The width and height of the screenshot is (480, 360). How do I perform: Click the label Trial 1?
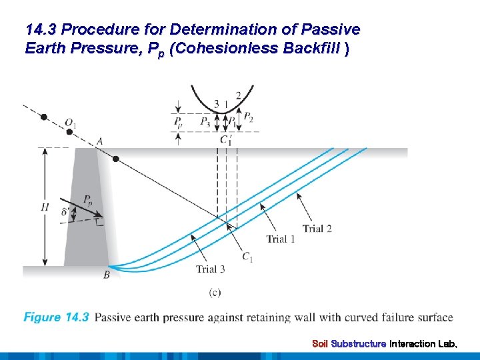pos(281,239)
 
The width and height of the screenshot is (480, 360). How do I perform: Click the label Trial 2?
pos(317,229)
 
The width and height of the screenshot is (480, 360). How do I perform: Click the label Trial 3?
pos(210,269)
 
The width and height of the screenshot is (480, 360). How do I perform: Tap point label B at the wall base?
pos(107,275)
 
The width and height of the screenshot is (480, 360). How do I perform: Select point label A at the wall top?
pos(99,141)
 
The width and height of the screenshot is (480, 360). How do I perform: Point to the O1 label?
pos(71,123)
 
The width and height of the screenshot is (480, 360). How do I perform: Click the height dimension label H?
pos(45,207)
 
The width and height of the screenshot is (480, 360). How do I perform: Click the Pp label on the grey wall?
pos(89,199)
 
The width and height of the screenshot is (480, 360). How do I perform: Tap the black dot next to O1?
pos(44,117)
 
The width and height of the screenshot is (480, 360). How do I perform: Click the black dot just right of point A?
pos(116,159)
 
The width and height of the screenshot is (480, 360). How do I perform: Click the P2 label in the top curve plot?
pos(247,118)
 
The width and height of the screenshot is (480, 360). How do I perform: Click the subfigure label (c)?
pos(215,291)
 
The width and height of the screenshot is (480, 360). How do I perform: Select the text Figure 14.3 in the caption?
pos(56,317)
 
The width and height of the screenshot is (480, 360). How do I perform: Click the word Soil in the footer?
pos(320,344)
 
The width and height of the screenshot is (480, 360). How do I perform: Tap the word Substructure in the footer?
pos(359,344)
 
